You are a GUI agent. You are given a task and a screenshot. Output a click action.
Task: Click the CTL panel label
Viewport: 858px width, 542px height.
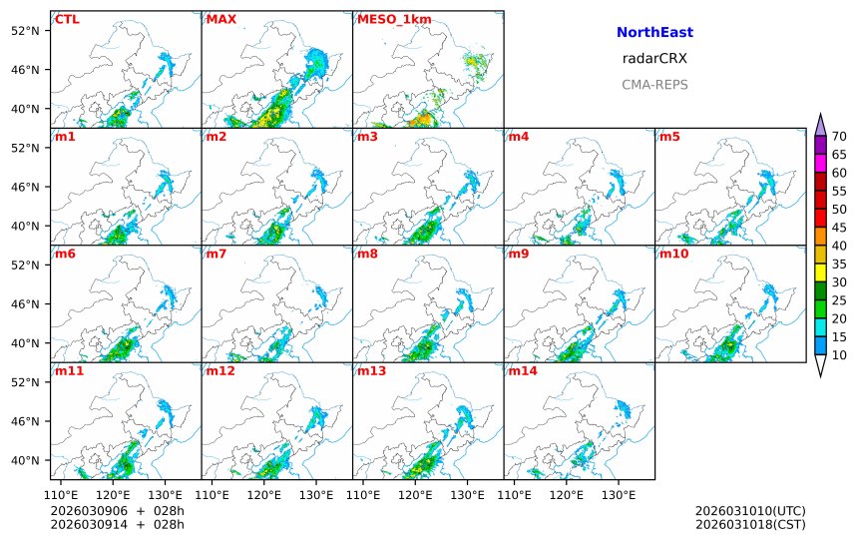coord(68,19)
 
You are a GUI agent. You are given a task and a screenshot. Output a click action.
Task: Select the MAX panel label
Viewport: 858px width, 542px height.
coord(220,19)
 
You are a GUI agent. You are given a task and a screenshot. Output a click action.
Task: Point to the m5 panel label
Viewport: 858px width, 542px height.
coord(668,136)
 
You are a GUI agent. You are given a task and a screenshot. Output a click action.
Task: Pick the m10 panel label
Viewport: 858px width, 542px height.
coord(673,254)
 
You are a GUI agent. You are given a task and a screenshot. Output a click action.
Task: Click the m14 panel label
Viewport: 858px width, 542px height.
coord(522,371)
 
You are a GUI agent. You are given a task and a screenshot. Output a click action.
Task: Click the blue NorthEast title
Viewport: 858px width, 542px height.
coord(654,32)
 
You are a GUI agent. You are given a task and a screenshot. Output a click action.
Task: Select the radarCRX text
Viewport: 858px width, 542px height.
coord(654,58)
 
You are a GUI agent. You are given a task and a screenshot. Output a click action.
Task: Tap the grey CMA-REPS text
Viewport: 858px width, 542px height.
coord(654,84)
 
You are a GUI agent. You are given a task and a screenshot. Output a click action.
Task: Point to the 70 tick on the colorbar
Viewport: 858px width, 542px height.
coord(839,137)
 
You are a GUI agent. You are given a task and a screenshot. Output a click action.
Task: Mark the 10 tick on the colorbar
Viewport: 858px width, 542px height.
coord(839,354)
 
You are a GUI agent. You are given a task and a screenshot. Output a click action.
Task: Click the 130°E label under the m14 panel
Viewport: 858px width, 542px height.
coord(619,495)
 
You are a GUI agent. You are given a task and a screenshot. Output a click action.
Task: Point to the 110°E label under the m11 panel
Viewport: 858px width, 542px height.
coord(63,495)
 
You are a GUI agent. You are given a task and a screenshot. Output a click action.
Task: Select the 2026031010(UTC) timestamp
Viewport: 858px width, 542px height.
coord(750,511)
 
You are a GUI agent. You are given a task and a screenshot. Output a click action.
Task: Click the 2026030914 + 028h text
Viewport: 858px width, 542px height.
coord(117,524)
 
